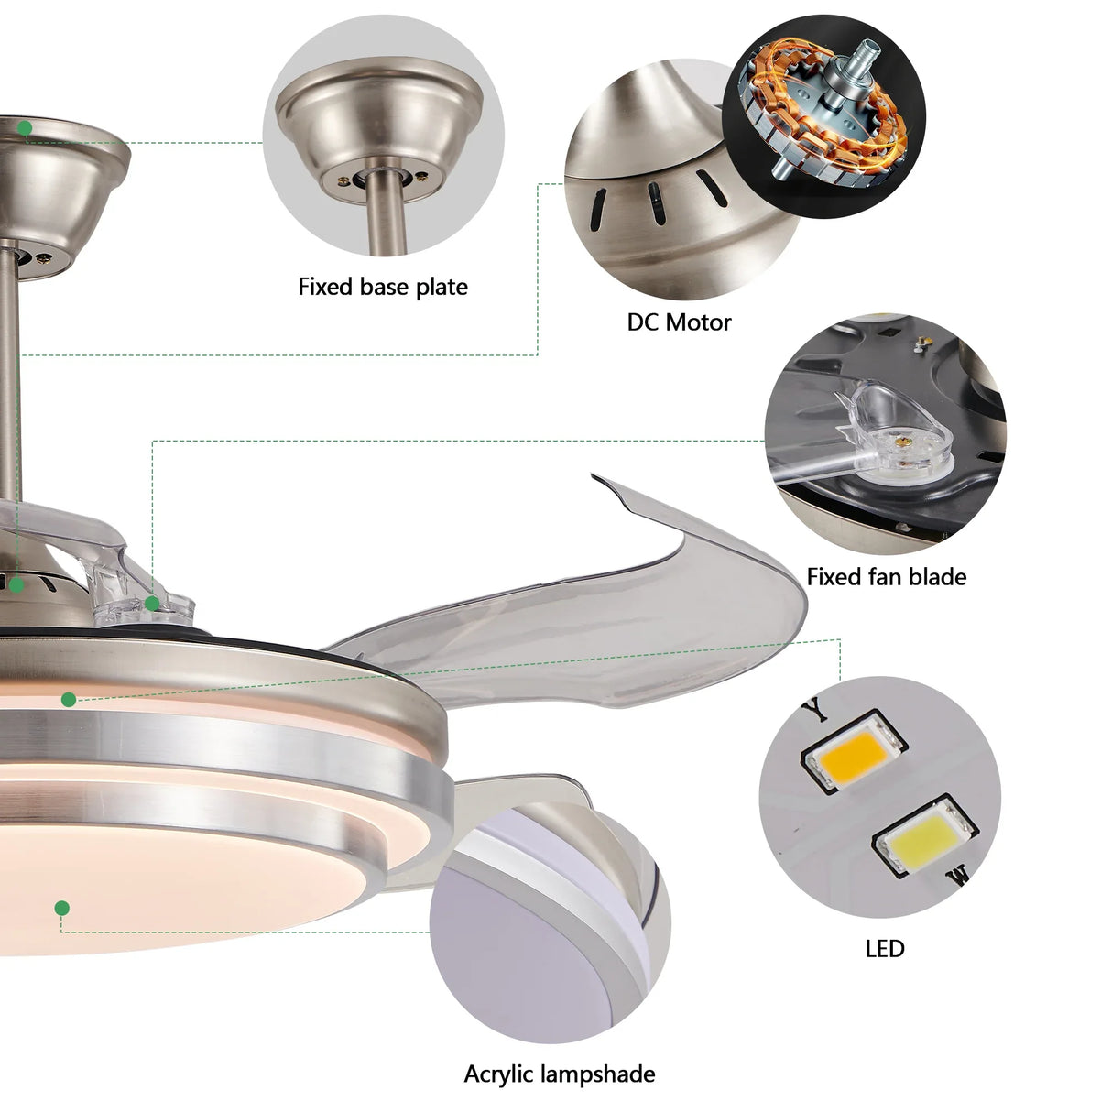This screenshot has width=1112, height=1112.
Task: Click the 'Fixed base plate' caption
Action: pos(383,287)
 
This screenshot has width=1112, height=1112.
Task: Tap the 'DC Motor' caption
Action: pos(679,322)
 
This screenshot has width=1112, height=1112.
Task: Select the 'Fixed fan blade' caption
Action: pos(886,577)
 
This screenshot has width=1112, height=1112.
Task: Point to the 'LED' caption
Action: pos(884,949)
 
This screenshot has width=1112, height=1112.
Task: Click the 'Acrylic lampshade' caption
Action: pos(559,1074)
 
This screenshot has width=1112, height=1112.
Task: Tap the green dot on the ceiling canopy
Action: pos(25,128)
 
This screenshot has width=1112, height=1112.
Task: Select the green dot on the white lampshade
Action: pos(61,909)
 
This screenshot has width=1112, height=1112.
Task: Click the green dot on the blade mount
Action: pos(152,603)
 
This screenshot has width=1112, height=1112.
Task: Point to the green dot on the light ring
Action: pos(69,700)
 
